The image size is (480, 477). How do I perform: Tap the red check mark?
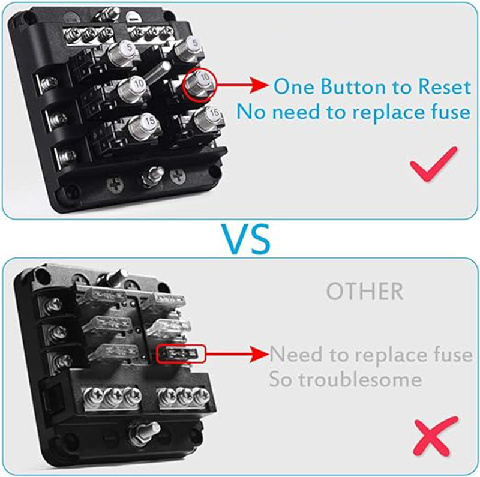click(433, 164)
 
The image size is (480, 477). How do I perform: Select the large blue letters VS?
click(246, 239)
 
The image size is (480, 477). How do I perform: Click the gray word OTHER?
click(365, 292)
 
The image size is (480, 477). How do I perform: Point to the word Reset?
click(444, 86)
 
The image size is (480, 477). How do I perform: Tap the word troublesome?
click(361, 380)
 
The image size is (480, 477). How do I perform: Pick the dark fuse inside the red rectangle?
click(181, 355)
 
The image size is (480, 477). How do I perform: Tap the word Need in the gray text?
click(296, 354)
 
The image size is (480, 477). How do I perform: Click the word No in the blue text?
click(251, 112)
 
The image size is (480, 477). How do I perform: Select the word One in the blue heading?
click(293, 86)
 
